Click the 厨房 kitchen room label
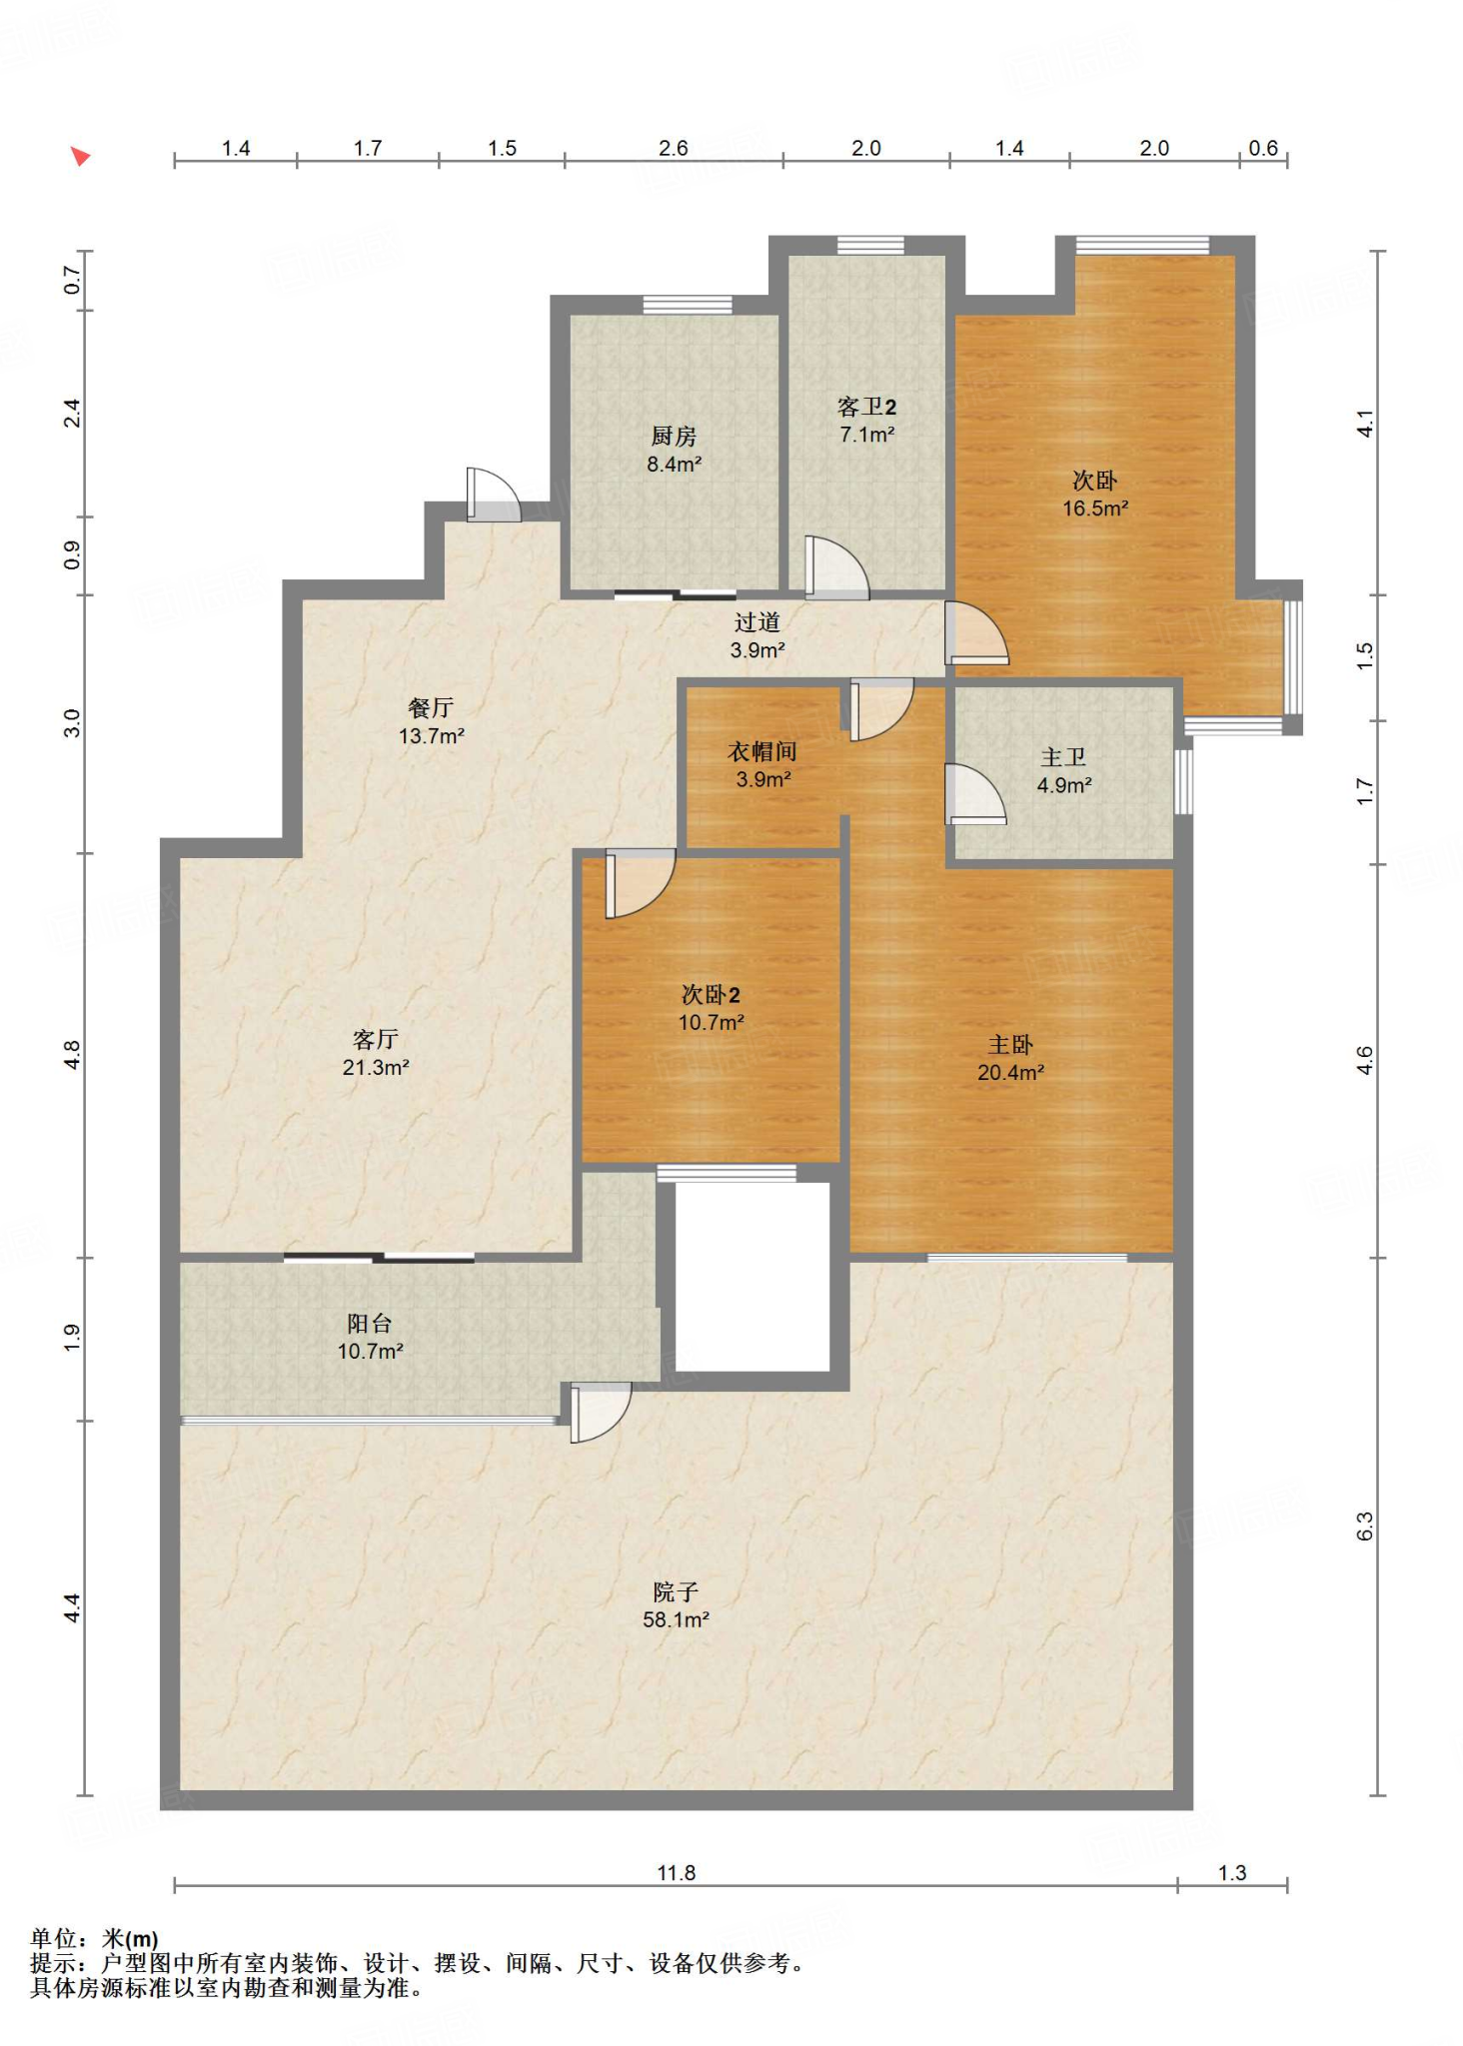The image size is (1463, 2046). [x=673, y=437]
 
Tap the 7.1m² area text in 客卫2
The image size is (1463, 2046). [x=866, y=435]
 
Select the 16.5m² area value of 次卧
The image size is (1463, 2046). [x=1094, y=508]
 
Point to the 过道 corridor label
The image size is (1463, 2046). [x=756, y=622]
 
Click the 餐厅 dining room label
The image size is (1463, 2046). [x=431, y=708]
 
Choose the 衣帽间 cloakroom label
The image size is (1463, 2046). [x=761, y=752]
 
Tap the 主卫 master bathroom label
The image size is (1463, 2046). [x=1063, y=758]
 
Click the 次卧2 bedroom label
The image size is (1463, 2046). [x=711, y=995]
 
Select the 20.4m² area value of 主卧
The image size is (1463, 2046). [x=1010, y=1073]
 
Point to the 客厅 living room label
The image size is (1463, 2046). [x=376, y=1040]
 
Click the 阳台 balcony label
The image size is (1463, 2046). [x=370, y=1324]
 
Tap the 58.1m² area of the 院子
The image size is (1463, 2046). [x=676, y=1619]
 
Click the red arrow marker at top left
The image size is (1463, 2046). [x=81, y=156]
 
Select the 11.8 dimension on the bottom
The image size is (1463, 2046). [x=676, y=1872]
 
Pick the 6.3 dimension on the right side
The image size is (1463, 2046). [x=1365, y=1527]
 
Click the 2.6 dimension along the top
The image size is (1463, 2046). [x=673, y=148]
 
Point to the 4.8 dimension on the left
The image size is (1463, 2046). [x=72, y=1055]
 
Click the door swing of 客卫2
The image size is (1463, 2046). [x=835, y=568]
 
